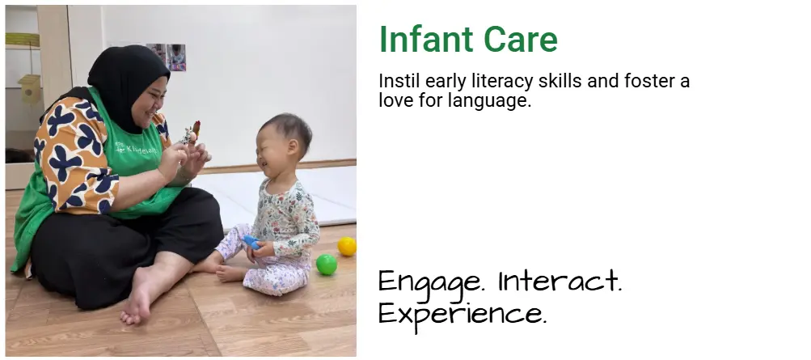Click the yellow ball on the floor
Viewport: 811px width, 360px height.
click(x=347, y=246)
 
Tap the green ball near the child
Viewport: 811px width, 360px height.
click(x=327, y=265)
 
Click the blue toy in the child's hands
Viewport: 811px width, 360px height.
click(x=251, y=242)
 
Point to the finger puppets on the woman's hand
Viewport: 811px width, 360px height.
click(x=190, y=133)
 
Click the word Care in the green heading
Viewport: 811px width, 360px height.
click(x=521, y=40)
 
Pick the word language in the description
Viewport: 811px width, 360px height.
click(x=489, y=100)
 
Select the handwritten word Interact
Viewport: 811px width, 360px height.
click(x=560, y=282)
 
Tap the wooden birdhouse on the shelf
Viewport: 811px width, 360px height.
click(x=29, y=88)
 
